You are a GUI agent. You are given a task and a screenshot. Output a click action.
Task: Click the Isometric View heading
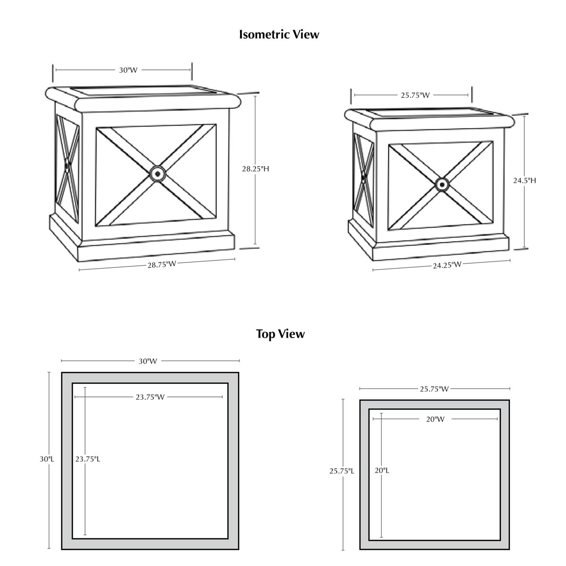pyautogui.click(x=279, y=34)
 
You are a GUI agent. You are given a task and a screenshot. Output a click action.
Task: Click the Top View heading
pyautogui.click(x=280, y=334)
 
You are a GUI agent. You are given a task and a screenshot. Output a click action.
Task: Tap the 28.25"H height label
pyautogui.click(x=255, y=168)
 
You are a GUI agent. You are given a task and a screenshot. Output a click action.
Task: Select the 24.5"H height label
pyautogui.click(x=524, y=180)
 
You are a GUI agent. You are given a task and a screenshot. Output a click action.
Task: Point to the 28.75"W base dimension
pyautogui.click(x=161, y=265)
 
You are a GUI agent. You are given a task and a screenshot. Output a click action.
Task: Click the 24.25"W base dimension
pyautogui.click(x=447, y=265)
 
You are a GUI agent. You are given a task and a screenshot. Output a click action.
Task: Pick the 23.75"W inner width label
pyautogui.click(x=150, y=397)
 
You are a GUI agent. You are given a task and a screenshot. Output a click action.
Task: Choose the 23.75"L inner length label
pyautogui.click(x=87, y=458)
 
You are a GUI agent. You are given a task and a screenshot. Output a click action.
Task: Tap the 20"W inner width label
pyautogui.click(x=435, y=419)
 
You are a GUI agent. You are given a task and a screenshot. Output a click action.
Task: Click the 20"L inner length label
pyautogui.click(x=382, y=470)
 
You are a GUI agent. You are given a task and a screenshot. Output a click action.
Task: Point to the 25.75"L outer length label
pyautogui.click(x=341, y=471)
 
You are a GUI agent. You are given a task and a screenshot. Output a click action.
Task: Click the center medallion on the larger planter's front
pyautogui.click(x=157, y=174)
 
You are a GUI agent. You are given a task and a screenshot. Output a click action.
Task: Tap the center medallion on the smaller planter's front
pyautogui.click(x=442, y=184)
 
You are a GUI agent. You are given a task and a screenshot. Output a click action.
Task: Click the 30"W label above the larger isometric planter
pyautogui.click(x=128, y=70)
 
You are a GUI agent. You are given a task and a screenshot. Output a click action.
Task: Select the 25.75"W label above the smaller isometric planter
pyautogui.click(x=415, y=95)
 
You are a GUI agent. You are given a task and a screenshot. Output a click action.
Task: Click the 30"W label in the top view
pyautogui.click(x=148, y=361)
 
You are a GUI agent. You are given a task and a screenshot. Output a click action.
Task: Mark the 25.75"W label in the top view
pyautogui.click(x=434, y=389)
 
